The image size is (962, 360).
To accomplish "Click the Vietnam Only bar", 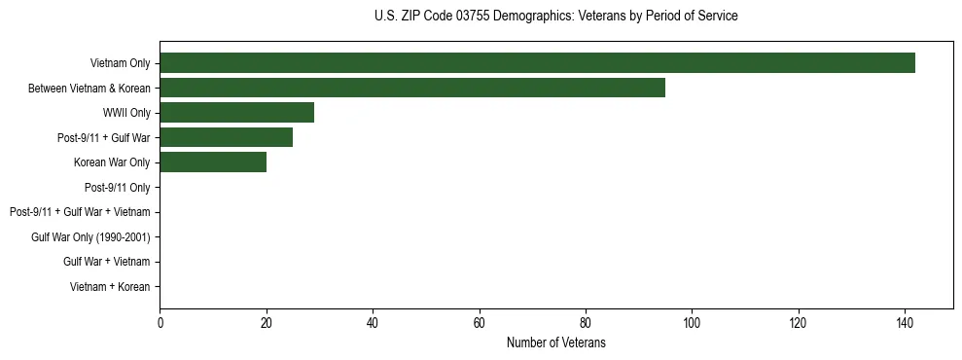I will (x=537, y=63).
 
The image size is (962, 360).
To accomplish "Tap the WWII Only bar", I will (x=236, y=113).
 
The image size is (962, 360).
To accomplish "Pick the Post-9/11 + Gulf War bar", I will (x=226, y=137).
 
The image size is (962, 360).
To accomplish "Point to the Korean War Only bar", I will (x=213, y=162).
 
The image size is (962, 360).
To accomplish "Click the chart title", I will (x=555, y=17).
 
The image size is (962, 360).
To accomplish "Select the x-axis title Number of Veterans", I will (x=555, y=342).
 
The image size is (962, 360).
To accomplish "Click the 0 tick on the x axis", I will (x=160, y=323).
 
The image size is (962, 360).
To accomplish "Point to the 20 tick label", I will (x=267, y=323).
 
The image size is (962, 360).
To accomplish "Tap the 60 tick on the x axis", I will (x=479, y=323).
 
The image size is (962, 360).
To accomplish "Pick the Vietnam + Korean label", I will (x=110, y=286).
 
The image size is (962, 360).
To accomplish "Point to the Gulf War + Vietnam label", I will (x=106, y=262).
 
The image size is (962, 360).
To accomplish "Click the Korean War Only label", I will (x=112, y=162).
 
